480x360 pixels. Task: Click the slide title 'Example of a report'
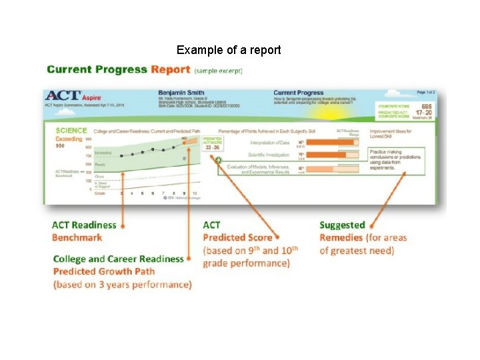pos(229,50)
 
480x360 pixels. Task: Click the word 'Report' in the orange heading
pos(171,69)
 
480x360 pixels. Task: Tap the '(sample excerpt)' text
pos(219,70)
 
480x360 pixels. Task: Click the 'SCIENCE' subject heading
pos(71,131)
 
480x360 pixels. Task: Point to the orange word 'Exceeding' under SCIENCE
pos(69,139)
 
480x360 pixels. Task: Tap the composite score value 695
pos(427,107)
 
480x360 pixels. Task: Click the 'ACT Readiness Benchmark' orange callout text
pos(84,231)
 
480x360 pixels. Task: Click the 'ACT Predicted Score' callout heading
pos(237,231)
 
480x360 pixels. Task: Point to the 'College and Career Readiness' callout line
pos(118,259)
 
